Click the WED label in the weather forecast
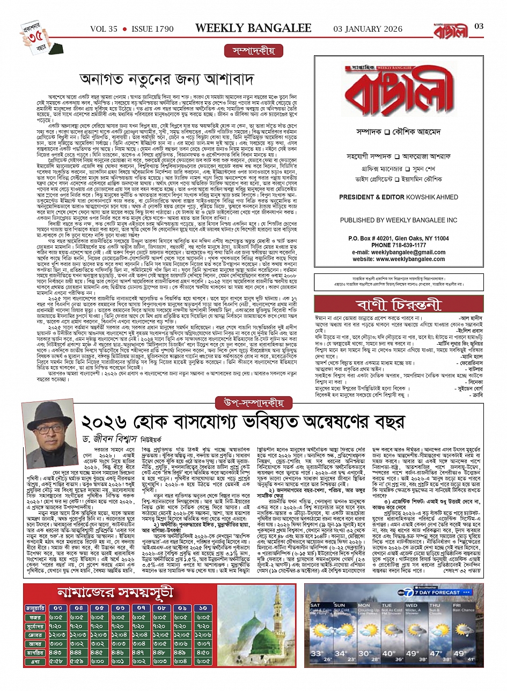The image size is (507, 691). coord(412,605)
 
